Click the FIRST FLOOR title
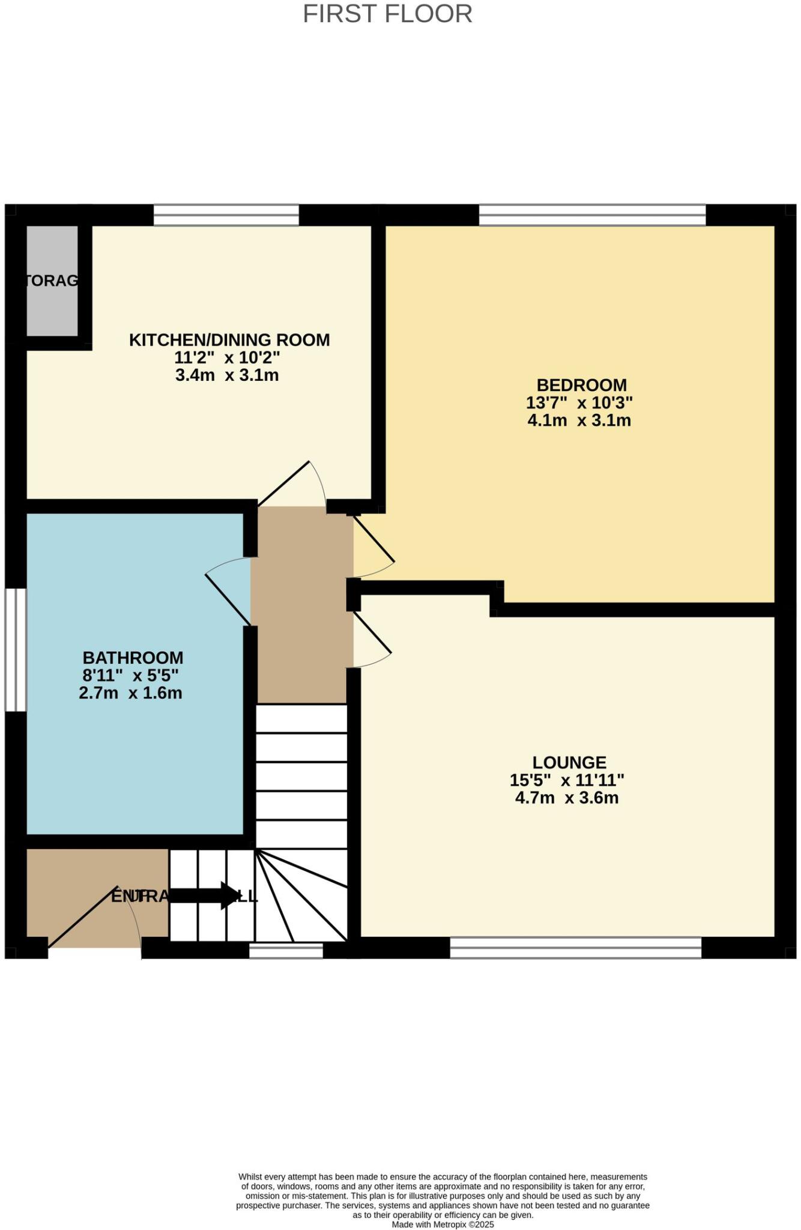[x=387, y=14]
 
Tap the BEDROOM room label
[x=581, y=385]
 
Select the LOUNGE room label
[x=569, y=763]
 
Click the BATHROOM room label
[x=133, y=658]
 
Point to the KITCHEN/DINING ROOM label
[x=229, y=340]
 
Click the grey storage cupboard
[x=53, y=280]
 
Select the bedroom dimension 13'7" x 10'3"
[x=579, y=402]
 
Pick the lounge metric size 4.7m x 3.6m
[x=567, y=798]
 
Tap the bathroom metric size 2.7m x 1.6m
[x=130, y=693]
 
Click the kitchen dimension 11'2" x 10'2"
[x=227, y=358]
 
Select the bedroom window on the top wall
[x=592, y=215]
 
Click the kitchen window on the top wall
[x=226, y=215]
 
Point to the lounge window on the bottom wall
[x=575, y=948]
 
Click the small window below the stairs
[x=286, y=950]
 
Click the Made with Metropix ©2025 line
[x=443, y=1224]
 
